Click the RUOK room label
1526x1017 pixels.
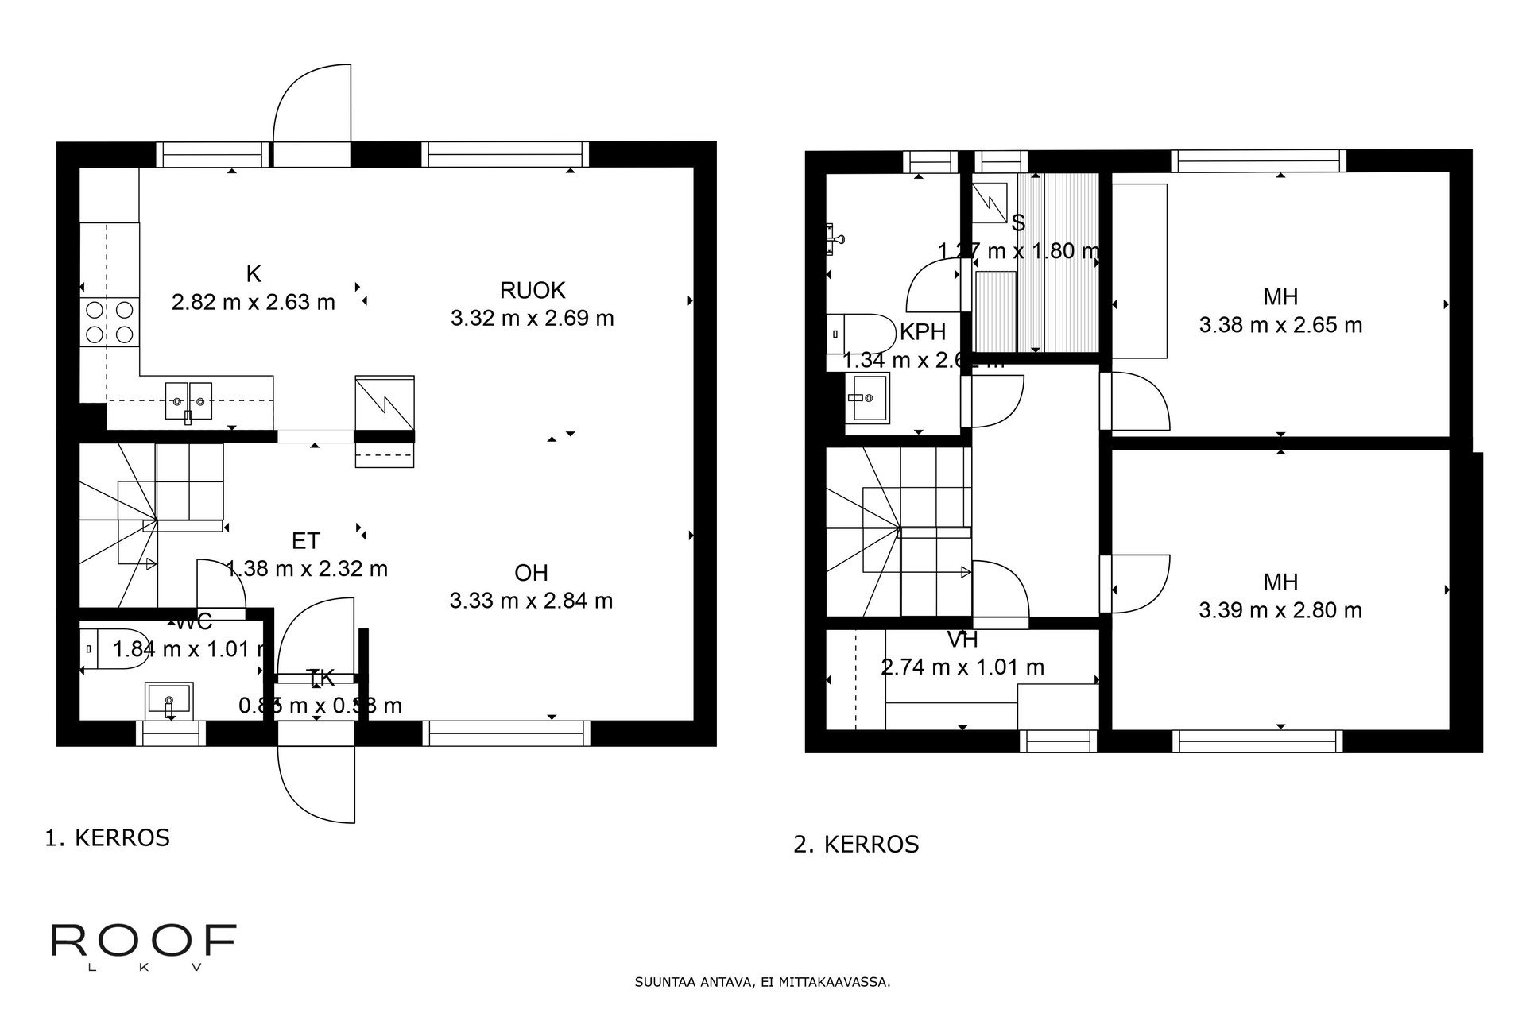coord(532,289)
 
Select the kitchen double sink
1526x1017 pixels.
coord(189,400)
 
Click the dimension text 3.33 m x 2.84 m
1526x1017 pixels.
coord(531,601)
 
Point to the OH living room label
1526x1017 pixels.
coord(531,573)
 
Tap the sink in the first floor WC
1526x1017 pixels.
coord(168,699)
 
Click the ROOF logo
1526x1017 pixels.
coord(143,942)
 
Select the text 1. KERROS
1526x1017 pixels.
coord(107,838)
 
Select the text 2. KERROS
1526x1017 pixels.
coord(856,844)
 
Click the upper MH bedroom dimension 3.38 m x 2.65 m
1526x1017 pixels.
coord(1280,325)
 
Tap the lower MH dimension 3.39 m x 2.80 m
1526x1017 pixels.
coord(1280,610)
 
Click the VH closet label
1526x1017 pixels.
coord(962,640)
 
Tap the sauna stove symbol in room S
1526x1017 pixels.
coord(992,201)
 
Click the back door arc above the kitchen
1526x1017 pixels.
coord(312,103)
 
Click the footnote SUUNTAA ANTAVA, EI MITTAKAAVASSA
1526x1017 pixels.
coord(762,982)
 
